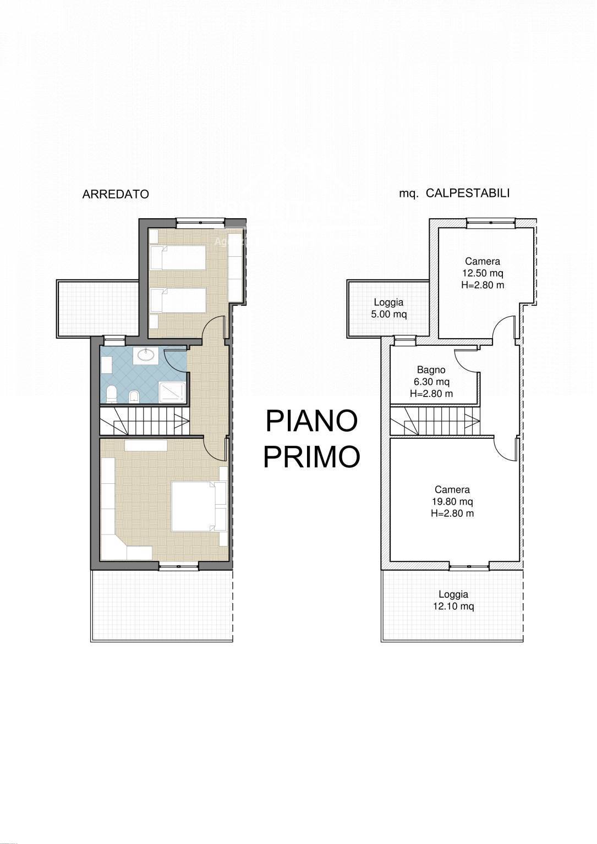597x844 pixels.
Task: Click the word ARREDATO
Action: coord(116,195)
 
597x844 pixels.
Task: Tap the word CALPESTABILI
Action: coord(468,194)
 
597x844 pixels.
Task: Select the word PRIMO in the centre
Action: coord(311,457)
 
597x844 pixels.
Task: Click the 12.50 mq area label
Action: coord(483,273)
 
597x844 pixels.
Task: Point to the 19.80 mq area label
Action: coord(452,501)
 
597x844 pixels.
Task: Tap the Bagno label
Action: coord(431,370)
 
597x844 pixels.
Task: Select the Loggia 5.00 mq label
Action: coord(389,308)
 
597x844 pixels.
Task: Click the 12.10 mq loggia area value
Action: coord(453,606)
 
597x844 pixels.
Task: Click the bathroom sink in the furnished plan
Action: coord(146,355)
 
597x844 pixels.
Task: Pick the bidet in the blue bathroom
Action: coord(134,396)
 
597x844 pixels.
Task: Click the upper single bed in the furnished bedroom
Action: coord(178,258)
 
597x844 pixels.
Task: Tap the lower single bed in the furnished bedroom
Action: coord(178,301)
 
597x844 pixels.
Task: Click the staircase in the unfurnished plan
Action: coord(435,422)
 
